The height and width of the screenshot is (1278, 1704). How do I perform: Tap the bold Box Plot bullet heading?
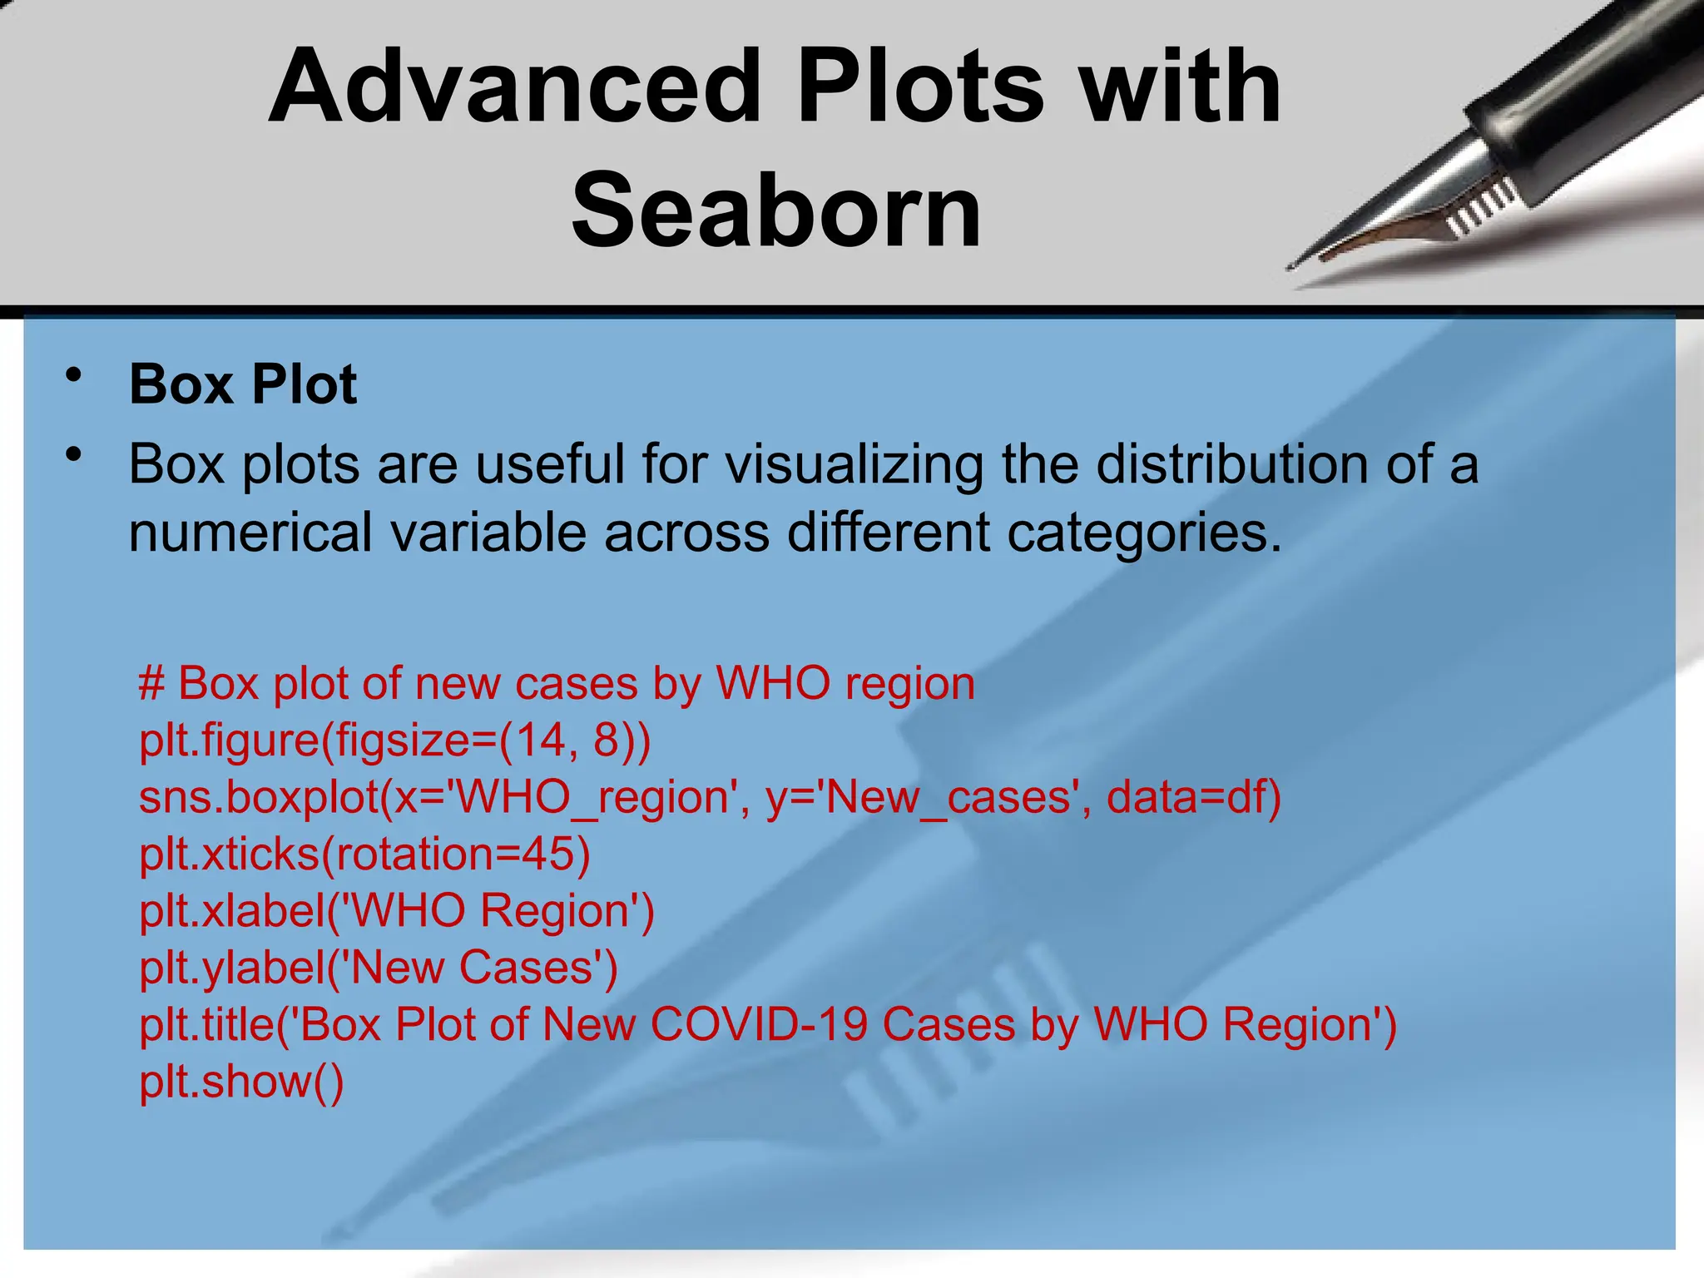pyautogui.click(x=243, y=385)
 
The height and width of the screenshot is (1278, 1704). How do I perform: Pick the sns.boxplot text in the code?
pyautogui.click(x=259, y=798)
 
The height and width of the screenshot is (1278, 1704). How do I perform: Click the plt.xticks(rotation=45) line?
pyautogui.click(x=364, y=854)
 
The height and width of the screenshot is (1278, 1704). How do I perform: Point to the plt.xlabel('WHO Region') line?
pyautogui.click(x=397, y=911)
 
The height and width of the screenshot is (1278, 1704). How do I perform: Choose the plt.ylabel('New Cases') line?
pyautogui.click(x=379, y=968)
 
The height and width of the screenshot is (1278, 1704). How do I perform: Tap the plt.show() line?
pyautogui.click(x=241, y=1082)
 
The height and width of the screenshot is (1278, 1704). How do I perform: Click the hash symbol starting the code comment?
pyautogui.click(x=151, y=685)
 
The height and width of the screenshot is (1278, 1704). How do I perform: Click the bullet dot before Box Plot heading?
pyautogui.click(x=75, y=376)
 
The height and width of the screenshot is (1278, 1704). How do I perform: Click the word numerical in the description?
pyautogui.click(x=250, y=533)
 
